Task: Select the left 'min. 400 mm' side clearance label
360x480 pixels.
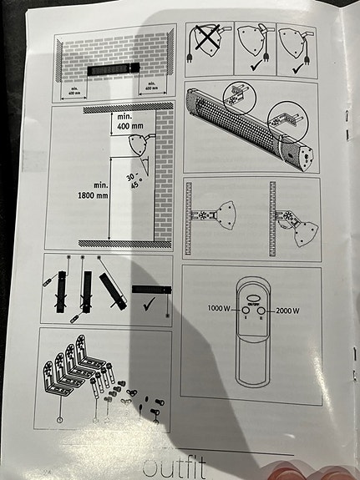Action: click(74, 91)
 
